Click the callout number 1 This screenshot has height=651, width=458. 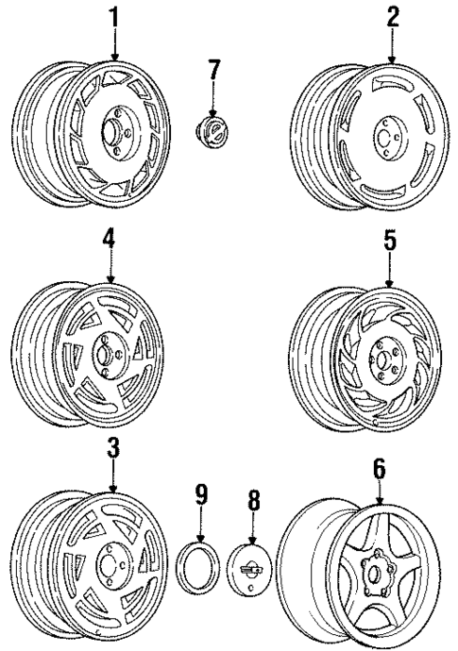point(115,16)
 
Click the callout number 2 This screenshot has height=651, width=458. point(392,16)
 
